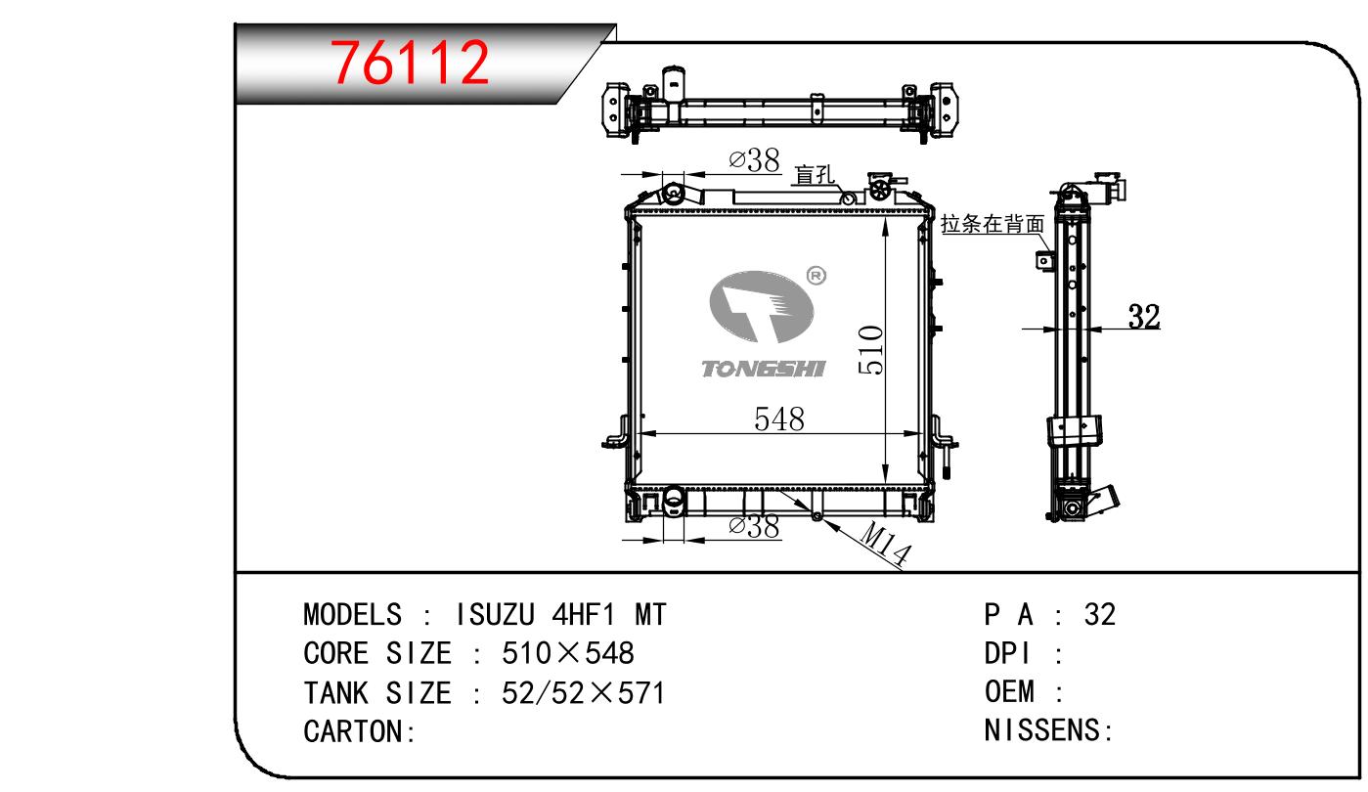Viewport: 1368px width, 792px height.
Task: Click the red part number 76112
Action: [410, 63]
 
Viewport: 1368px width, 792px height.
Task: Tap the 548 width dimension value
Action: [779, 418]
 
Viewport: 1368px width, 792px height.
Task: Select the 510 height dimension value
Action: [871, 350]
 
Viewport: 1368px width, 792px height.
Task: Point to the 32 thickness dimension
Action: [1144, 317]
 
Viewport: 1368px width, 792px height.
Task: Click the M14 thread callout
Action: [885, 544]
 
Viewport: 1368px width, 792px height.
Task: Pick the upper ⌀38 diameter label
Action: [755, 160]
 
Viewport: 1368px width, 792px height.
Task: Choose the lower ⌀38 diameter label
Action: [755, 526]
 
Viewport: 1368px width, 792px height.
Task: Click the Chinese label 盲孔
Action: [815, 175]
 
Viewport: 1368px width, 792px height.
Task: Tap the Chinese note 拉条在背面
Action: [993, 224]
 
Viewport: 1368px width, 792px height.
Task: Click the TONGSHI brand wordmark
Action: [763, 369]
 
